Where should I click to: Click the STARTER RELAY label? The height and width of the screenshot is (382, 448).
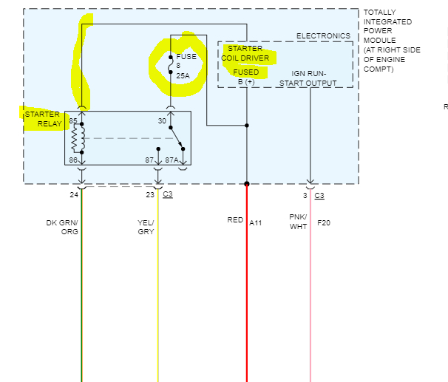click(43, 119)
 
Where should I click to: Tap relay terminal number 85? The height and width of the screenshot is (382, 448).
click(73, 120)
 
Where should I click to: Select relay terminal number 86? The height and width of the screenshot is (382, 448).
click(73, 160)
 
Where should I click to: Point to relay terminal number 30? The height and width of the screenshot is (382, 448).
click(162, 120)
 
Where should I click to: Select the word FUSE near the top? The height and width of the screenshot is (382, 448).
click(186, 56)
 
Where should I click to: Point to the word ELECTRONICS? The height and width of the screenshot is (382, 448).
click(323, 36)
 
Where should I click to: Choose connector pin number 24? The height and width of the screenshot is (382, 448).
click(74, 195)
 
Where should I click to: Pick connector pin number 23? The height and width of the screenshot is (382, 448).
click(150, 195)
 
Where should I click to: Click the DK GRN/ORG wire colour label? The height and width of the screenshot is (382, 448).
click(62, 227)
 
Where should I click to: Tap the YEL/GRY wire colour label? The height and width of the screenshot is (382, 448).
click(146, 227)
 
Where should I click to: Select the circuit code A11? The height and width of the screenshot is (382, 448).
click(256, 222)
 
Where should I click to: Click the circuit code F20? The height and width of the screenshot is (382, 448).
click(324, 222)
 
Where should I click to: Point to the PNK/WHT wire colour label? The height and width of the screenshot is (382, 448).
click(298, 222)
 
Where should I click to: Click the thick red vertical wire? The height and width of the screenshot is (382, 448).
click(247, 296)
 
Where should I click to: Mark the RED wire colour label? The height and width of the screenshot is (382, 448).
click(235, 220)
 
